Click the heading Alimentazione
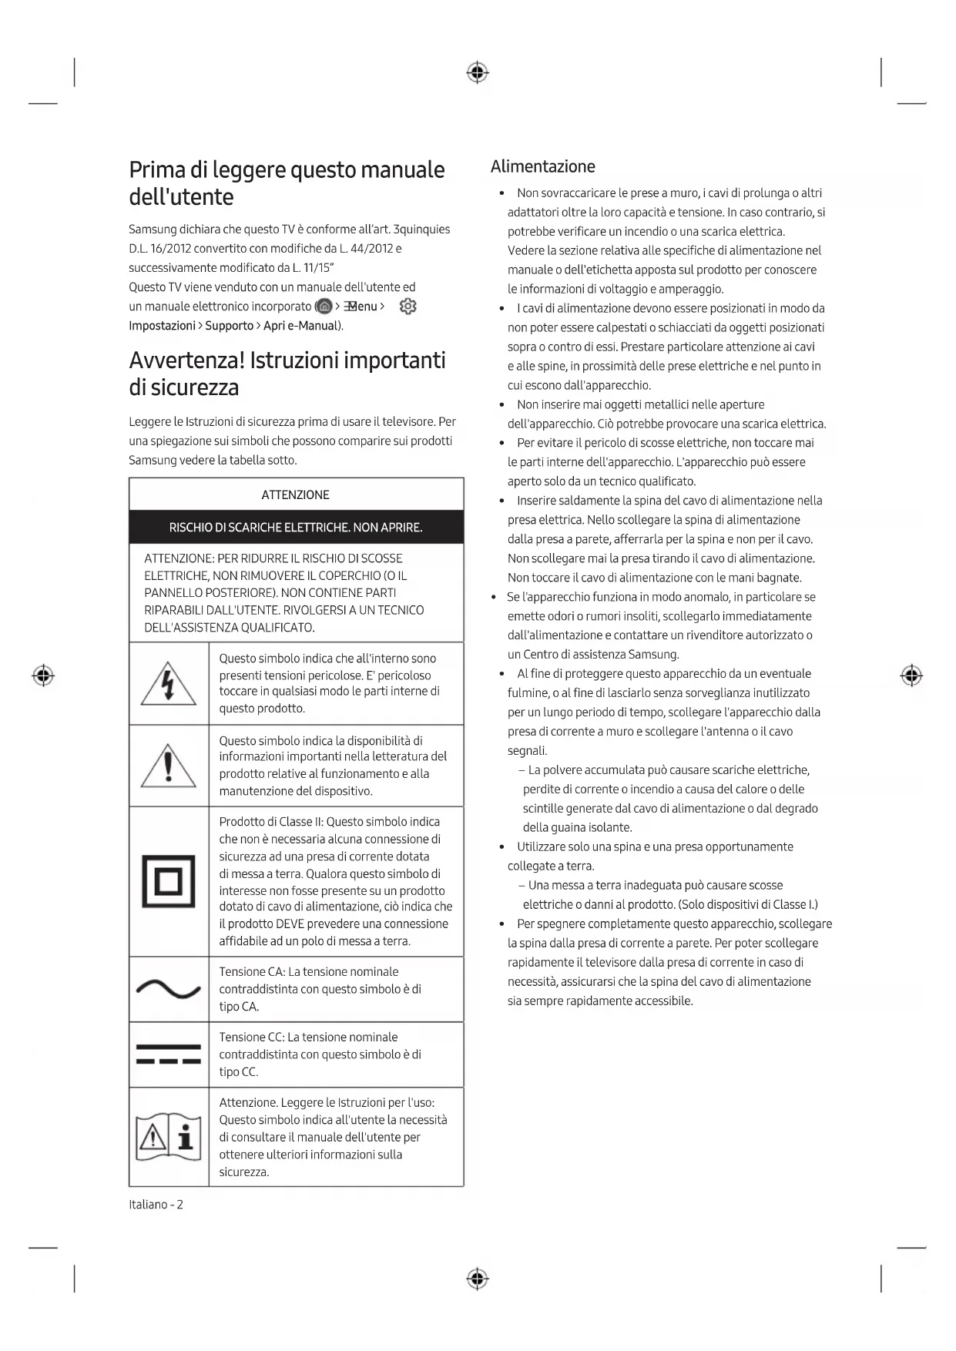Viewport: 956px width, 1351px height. tap(542, 166)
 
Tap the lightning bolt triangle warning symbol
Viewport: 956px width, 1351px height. tap(169, 684)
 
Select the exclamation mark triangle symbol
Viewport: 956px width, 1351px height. tap(169, 766)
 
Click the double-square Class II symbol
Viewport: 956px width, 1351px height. tap(169, 882)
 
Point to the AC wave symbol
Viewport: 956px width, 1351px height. tap(169, 989)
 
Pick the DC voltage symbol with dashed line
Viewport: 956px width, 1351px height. tap(169, 1054)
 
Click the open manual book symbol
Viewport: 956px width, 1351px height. tap(169, 1137)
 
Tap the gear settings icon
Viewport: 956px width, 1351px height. tap(408, 307)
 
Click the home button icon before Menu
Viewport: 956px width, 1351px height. tap(325, 307)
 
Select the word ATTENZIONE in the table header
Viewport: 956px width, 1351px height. tap(296, 494)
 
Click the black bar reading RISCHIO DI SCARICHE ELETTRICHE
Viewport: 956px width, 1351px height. tap(296, 528)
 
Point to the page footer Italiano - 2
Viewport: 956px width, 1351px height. tap(156, 1204)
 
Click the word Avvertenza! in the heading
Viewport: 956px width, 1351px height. tap(186, 360)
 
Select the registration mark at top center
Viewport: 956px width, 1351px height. tap(478, 73)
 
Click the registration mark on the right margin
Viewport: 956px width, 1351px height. tap(911, 675)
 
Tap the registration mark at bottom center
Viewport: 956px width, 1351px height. tap(478, 1279)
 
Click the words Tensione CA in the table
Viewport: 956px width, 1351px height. tap(251, 972)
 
